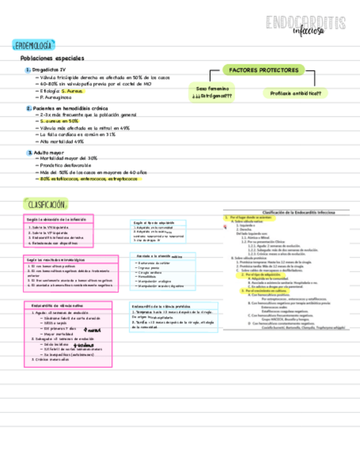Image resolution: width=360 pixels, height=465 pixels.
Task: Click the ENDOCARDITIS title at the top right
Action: (x=305, y=23)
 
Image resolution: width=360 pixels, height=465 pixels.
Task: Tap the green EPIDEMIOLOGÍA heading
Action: (x=34, y=44)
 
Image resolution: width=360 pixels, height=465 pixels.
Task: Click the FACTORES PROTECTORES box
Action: (x=263, y=70)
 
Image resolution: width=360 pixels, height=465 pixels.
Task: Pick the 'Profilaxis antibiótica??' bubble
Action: (x=295, y=94)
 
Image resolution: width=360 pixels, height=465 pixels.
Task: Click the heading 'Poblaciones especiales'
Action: (x=52, y=58)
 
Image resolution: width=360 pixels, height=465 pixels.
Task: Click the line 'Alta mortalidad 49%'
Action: (x=62, y=141)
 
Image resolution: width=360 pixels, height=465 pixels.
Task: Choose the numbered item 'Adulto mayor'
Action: (x=48, y=152)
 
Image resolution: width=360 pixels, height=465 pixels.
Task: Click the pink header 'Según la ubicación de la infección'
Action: (x=58, y=219)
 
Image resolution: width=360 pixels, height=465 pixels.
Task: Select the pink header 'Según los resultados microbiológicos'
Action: (x=57, y=259)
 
